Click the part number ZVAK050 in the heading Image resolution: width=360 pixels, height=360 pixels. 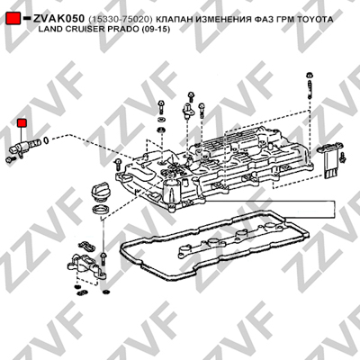[x=58, y=19]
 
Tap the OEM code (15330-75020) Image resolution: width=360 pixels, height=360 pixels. [x=121, y=20]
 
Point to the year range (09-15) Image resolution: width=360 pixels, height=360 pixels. [x=157, y=30]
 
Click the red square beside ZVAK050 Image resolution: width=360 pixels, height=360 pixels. [x=13, y=19]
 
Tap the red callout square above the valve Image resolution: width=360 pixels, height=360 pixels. [x=22, y=123]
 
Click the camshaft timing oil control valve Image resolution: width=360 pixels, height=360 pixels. [x=25, y=147]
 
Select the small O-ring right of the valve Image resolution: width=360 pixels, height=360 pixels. [x=46, y=139]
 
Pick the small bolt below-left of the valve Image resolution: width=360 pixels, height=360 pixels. [x=9, y=159]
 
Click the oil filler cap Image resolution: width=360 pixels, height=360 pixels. [x=98, y=193]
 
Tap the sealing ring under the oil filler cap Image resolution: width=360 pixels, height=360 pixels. [x=100, y=210]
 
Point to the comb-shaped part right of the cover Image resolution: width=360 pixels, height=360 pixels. [x=330, y=160]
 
